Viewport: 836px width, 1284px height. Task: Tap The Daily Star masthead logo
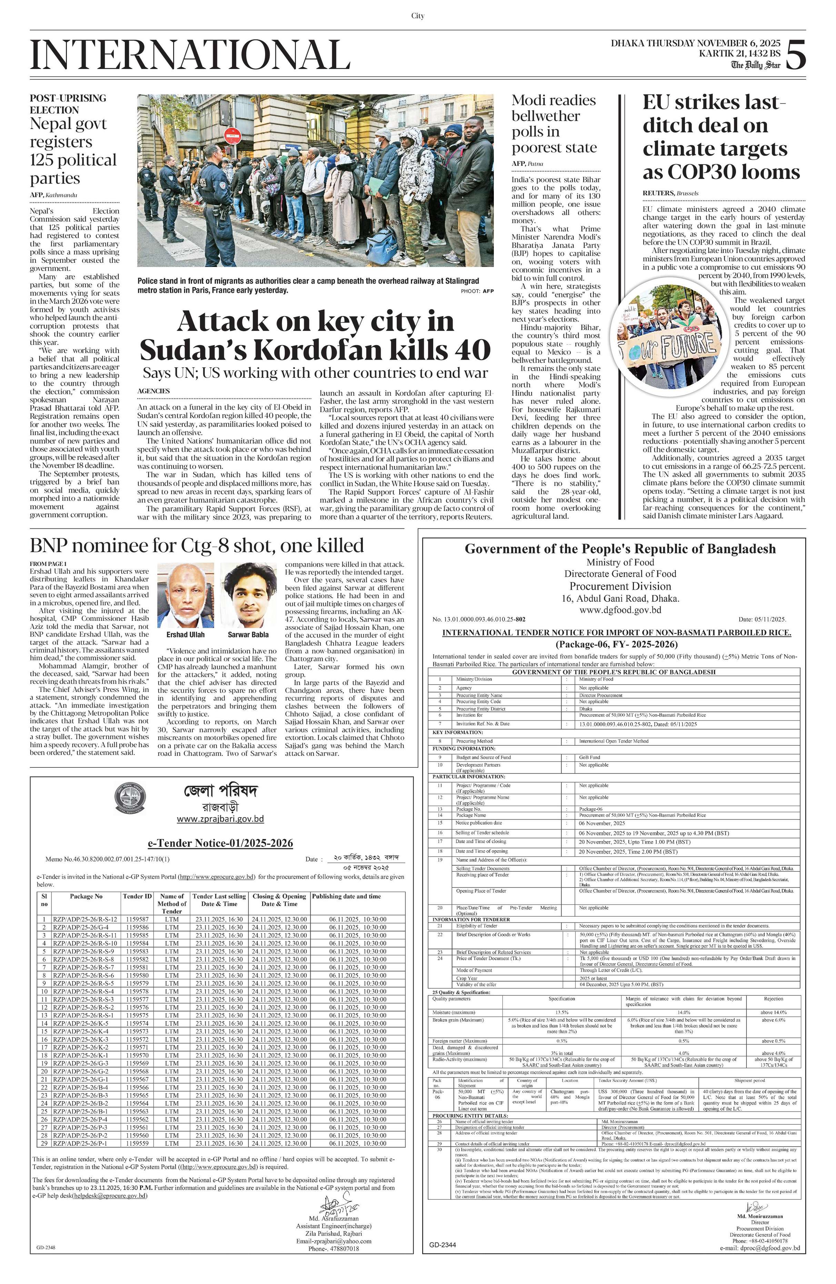pyautogui.click(x=755, y=65)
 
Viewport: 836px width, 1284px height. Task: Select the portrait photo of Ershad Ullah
pyautogui.click(x=185, y=595)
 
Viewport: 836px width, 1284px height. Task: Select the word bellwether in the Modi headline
pyautogui.click(x=545, y=116)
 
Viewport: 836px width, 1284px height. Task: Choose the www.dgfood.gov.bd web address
pyautogui.click(x=620, y=610)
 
